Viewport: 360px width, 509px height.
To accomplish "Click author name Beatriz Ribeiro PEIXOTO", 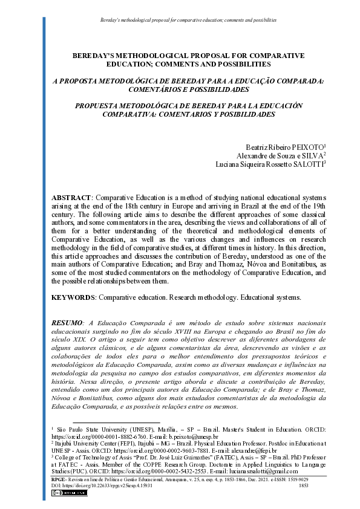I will [x=284, y=147].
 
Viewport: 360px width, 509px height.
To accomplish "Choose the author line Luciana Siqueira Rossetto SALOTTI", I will [x=270, y=164].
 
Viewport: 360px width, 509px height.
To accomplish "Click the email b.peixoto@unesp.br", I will [x=197, y=436].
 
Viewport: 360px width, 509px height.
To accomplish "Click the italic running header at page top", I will [x=188, y=20].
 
